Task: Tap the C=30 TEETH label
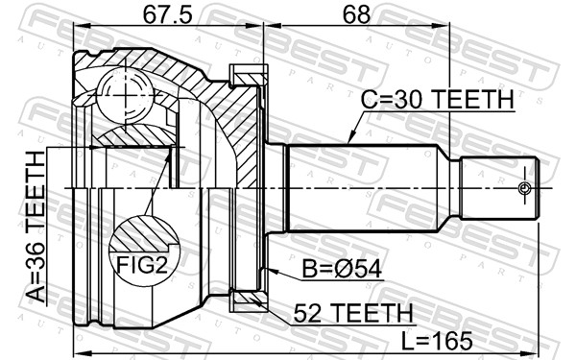pyautogui.click(x=437, y=99)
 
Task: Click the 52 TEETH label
pyautogui.click(x=342, y=311)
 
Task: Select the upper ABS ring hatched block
pyautogui.click(x=249, y=73)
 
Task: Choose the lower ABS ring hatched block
pyautogui.click(x=249, y=301)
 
